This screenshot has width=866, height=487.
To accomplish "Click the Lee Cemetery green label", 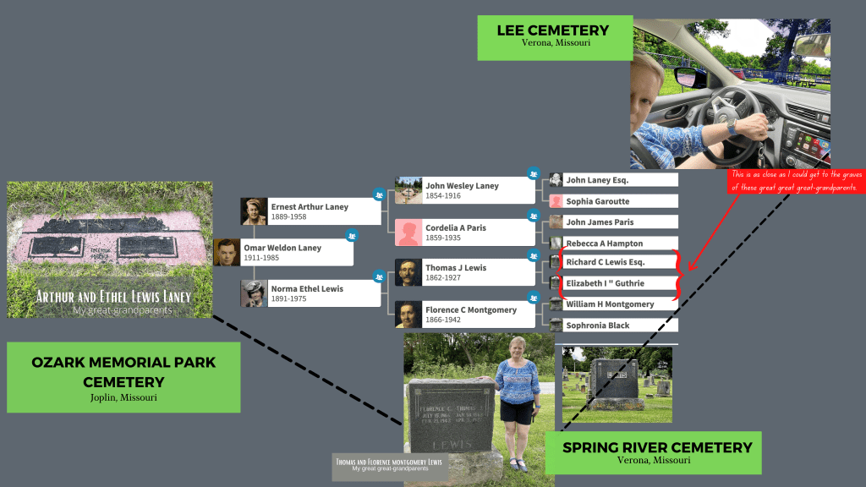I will [x=554, y=36].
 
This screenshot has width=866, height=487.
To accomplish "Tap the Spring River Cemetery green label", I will [x=653, y=452].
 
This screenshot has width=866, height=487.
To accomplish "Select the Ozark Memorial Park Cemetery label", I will [x=123, y=377].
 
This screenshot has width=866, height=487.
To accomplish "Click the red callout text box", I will [x=797, y=181].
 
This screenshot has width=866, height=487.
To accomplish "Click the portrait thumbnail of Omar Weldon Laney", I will [x=227, y=252].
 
